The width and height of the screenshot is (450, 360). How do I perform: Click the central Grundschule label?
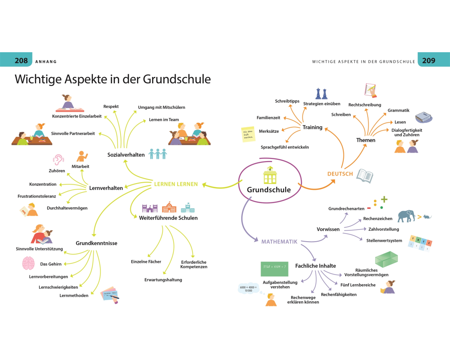click(269, 190)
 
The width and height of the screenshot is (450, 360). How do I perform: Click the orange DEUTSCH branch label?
click(340, 174)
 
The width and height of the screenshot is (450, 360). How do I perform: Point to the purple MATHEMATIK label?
click(279, 242)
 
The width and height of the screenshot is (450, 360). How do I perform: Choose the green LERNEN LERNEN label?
click(175, 184)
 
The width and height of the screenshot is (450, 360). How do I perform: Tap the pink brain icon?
click(28, 263)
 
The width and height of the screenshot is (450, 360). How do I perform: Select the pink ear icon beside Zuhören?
click(58, 160)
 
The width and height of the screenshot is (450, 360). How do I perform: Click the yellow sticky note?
click(248, 135)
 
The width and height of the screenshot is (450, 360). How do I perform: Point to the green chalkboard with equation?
click(273, 269)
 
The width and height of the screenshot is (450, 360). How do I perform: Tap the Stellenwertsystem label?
click(384, 240)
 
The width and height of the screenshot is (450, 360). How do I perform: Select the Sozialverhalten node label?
click(126, 155)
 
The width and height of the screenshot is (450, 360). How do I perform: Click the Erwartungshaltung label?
click(163, 280)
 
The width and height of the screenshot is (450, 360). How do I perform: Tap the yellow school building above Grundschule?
click(270, 175)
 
